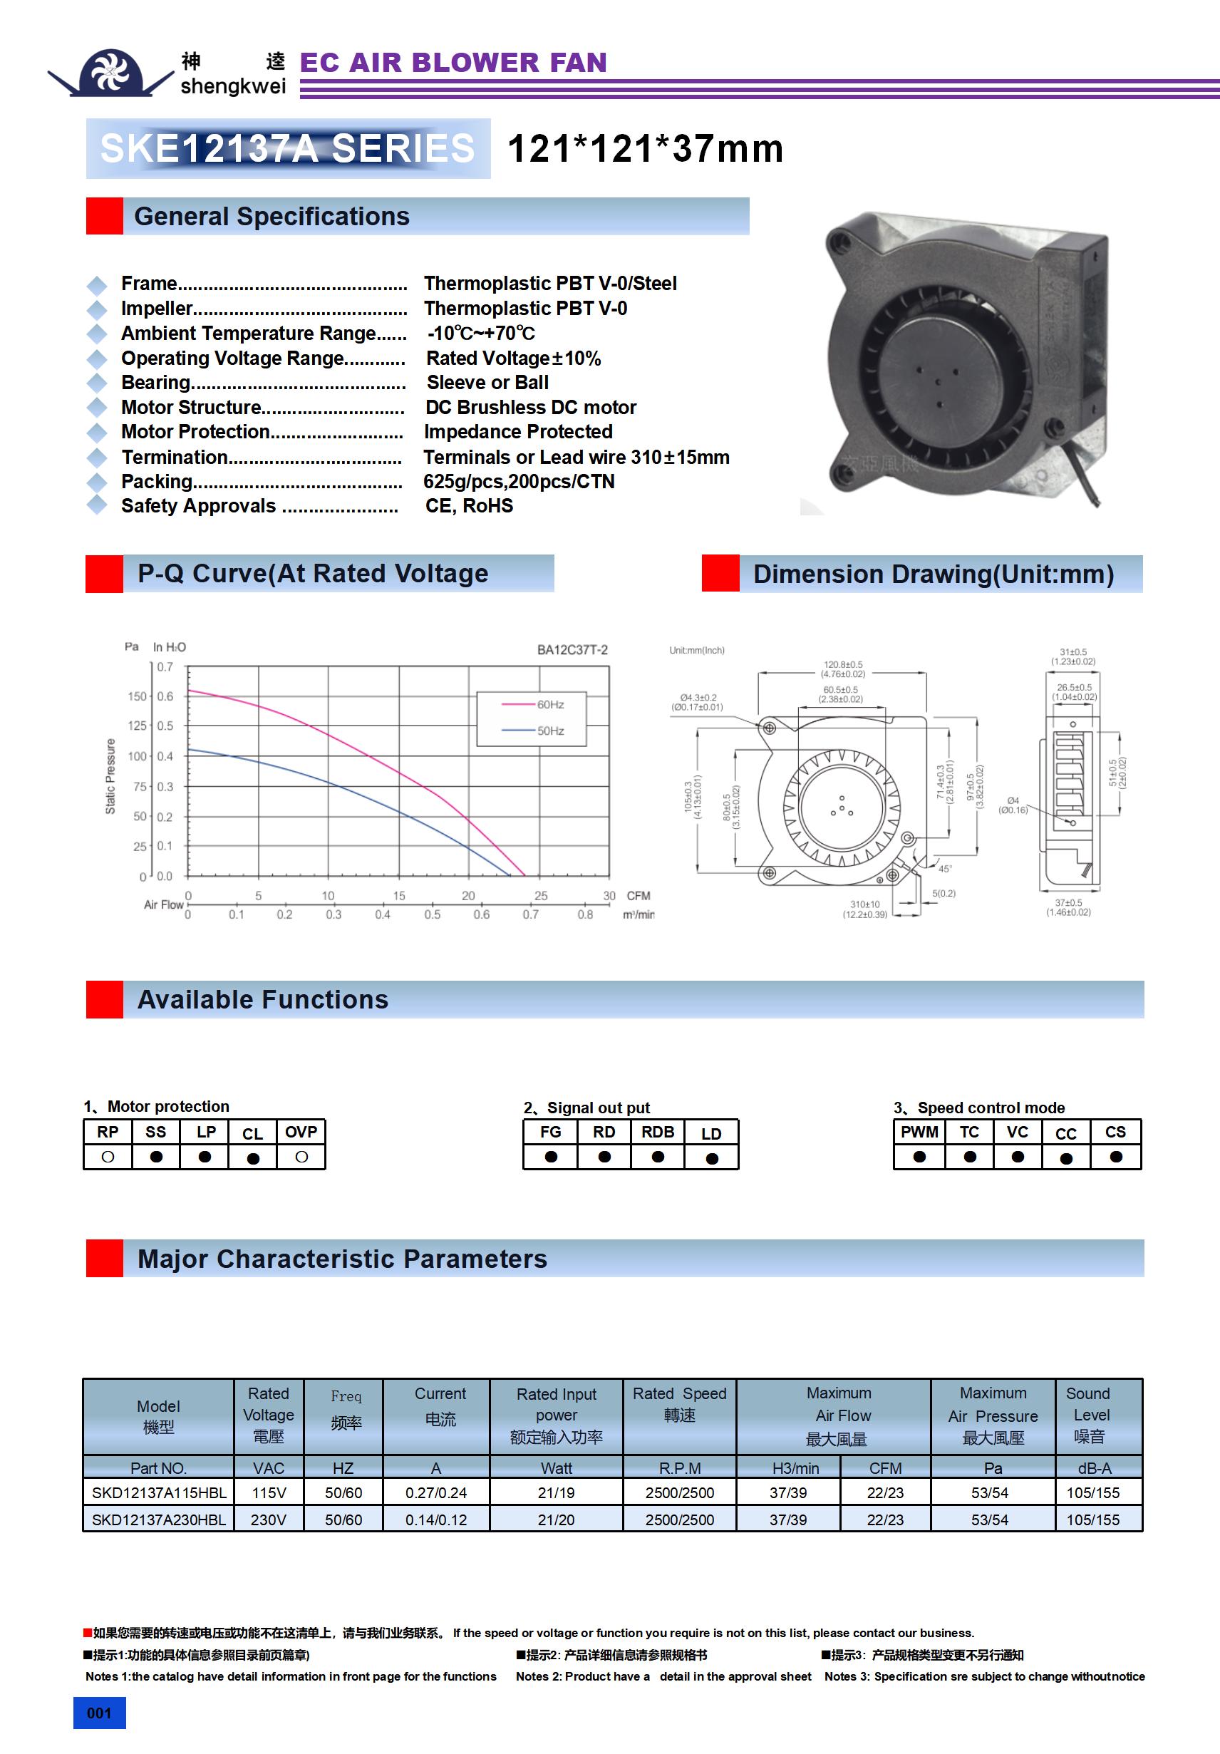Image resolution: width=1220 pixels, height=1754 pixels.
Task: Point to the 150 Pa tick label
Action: [137, 697]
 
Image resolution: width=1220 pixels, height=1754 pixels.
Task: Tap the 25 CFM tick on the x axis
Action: [541, 895]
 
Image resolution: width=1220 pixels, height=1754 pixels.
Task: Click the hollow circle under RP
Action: [108, 1157]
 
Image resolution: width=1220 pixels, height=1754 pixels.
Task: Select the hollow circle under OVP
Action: [301, 1157]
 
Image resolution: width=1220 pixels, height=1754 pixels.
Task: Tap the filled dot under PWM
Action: [919, 1157]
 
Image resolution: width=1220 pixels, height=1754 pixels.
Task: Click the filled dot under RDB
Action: [658, 1157]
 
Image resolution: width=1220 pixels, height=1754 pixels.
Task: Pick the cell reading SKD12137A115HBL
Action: [159, 1492]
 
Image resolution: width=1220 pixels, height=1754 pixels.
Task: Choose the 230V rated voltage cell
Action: [268, 1520]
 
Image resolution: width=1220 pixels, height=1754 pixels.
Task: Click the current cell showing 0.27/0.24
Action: [436, 1492]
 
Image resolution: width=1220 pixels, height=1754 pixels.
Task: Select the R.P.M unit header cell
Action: [679, 1467]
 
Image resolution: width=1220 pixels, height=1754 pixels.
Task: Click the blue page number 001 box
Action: [99, 1713]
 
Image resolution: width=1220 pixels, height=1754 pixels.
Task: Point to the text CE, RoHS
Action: [469, 506]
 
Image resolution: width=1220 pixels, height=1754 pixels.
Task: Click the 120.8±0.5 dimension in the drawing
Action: [842, 665]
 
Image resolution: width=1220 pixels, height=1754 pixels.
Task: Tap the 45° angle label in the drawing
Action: [945, 869]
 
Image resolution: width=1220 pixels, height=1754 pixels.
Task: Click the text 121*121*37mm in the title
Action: [646, 148]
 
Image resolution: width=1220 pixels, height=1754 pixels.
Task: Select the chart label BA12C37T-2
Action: [572, 650]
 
